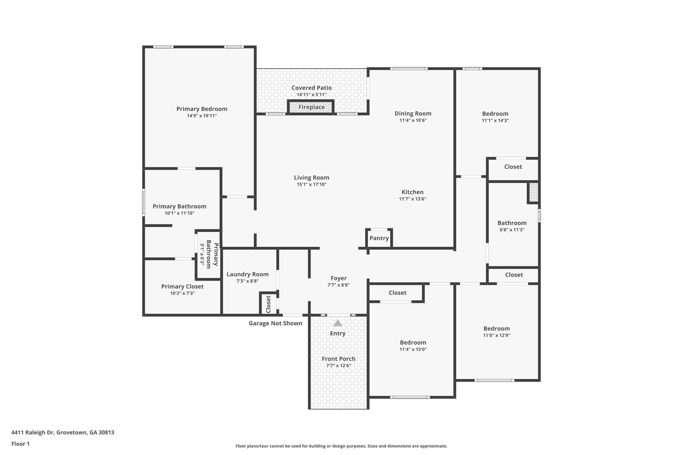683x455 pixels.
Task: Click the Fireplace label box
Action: pyautogui.click(x=311, y=107)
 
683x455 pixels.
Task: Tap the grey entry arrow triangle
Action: pyautogui.click(x=337, y=323)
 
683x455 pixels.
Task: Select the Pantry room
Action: pyautogui.click(x=379, y=238)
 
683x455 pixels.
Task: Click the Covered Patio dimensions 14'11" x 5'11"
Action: pyautogui.click(x=311, y=95)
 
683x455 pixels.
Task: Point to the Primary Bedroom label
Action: pyautogui.click(x=201, y=109)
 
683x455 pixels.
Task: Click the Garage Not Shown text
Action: pyautogui.click(x=275, y=323)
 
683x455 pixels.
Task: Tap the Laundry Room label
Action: pyautogui.click(x=247, y=274)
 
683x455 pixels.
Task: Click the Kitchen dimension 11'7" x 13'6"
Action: pyautogui.click(x=412, y=199)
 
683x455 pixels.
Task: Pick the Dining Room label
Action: pyautogui.click(x=413, y=114)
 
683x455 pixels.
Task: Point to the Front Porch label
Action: pyautogui.click(x=338, y=359)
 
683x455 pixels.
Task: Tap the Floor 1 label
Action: pyautogui.click(x=20, y=444)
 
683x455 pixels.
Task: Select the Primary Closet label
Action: pyautogui.click(x=182, y=286)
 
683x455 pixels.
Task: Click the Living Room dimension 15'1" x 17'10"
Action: pyautogui.click(x=311, y=184)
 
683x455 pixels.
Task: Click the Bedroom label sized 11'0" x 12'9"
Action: pyautogui.click(x=496, y=329)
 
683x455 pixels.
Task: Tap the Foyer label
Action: pyautogui.click(x=338, y=278)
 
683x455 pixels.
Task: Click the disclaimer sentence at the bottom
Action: pyautogui.click(x=341, y=446)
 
